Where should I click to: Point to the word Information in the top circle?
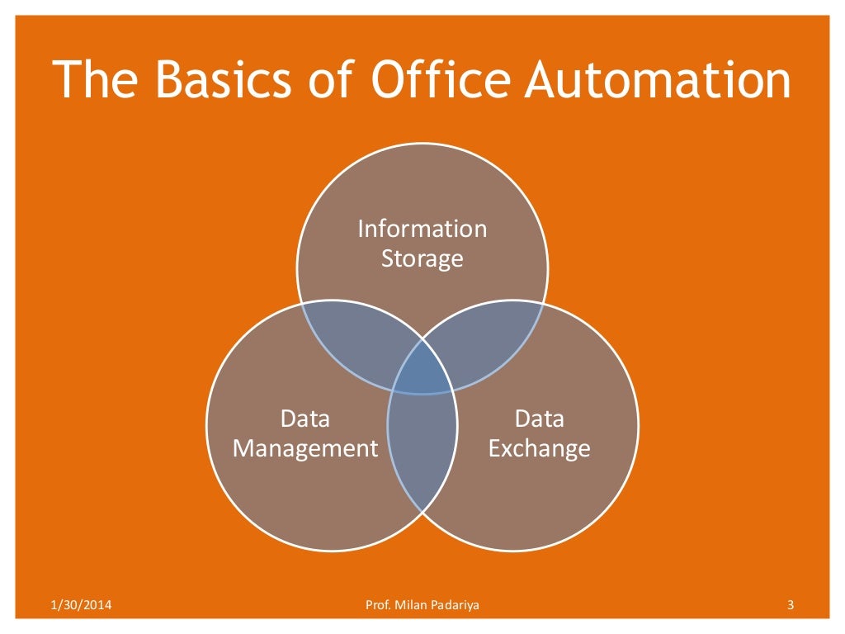(x=422, y=229)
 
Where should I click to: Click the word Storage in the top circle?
(x=422, y=258)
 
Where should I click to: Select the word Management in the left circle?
(x=305, y=448)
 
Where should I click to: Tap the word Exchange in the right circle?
(x=540, y=448)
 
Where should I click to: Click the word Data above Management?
(x=305, y=419)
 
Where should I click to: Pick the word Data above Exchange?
(x=540, y=419)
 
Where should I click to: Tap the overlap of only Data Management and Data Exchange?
(x=422, y=450)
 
